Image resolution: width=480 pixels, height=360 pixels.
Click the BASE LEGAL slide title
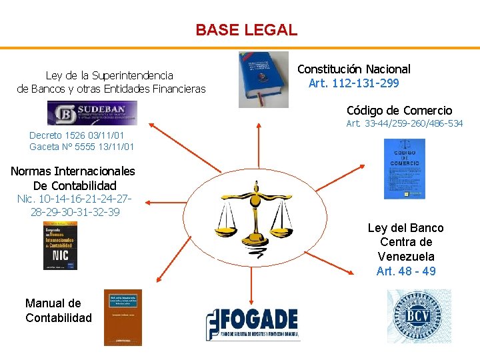[x=246, y=30]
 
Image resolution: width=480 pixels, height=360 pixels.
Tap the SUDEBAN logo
[x=92, y=113]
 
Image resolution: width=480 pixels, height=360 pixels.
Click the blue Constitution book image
[x=264, y=79]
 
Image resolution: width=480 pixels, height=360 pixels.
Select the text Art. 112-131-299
[x=353, y=83]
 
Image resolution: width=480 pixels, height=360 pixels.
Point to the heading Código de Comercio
[x=399, y=111]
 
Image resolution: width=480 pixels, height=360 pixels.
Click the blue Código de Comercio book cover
[x=404, y=169]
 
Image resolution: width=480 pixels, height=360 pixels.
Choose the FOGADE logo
[x=252, y=325]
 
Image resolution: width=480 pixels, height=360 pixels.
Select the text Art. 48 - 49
[x=405, y=271]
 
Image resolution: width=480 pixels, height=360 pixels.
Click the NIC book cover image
[x=60, y=245]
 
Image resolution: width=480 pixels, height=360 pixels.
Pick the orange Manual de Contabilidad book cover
[x=123, y=317]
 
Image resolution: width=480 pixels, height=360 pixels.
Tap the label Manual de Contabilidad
[x=59, y=311]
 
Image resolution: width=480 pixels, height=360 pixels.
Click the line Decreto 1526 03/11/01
[x=77, y=135]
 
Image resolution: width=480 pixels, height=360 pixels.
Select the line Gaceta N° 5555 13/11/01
[x=81, y=147]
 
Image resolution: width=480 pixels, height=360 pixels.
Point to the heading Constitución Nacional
[x=353, y=69]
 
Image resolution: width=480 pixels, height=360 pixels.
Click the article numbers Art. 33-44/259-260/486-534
[x=404, y=124]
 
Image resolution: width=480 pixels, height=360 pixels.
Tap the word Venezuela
[x=405, y=257]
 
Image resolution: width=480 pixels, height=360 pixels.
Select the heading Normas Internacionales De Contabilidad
[x=73, y=179]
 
